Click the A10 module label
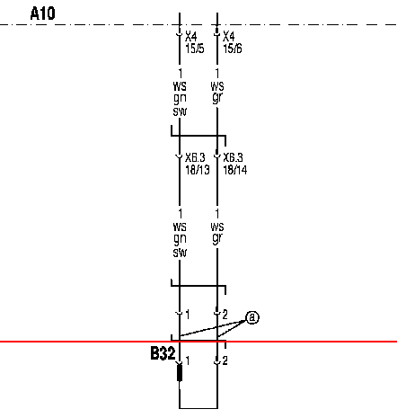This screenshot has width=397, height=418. tap(43, 13)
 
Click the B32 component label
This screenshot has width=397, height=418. tap(163, 353)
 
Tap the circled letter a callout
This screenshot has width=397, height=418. tap(252, 317)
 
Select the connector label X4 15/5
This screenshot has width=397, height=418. tap(195, 42)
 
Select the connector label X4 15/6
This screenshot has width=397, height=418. tap(233, 42)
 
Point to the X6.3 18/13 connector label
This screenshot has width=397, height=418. tap(198, 164)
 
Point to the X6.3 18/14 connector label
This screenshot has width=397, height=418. tap(235, 164)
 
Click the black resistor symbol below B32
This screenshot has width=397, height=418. tap(180, 373)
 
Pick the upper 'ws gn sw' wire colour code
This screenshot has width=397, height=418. tap(180, 99)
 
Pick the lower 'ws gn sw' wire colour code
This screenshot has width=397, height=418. tap(180, 239)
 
